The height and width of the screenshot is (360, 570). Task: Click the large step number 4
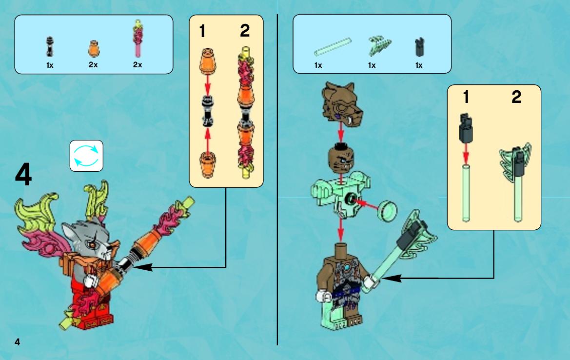pyautogui.click(x=23, y=175)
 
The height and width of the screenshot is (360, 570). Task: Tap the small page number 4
pyautogui.click(x=18, y=342)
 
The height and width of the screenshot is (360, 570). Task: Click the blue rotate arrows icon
pyautogui.click(x=86, y=156)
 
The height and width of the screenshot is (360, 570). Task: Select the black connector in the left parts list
pyautogui.click(x=50, y=46)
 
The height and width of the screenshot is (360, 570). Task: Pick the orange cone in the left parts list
pyautogui.click(x=94, y=49)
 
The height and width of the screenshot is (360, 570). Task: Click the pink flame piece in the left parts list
pyautogui.click(x=138, y=39)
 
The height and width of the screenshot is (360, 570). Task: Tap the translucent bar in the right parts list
pyautogui.click(x=333, y=47)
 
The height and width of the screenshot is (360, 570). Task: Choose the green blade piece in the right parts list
pyautogui.click(x=380, y=45)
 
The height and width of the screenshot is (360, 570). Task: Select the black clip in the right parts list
pyautogui.click(x=419, y=47)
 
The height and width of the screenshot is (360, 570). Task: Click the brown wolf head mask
pyautogui.click(x=342, y=103)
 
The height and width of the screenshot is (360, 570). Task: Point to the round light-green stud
pyautogui.click(x=388, y=211)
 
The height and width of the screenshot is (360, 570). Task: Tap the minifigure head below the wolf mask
pyautogui.click(x=341, y=159)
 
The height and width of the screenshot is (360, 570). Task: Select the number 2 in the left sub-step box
pyautogui.click(x=245, y=31)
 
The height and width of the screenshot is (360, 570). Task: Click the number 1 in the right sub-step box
pyautogui.click(x=466, y=97)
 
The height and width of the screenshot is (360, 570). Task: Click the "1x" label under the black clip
pyautogui.click(x=419, y=65)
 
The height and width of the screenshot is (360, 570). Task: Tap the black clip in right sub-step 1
pyautogui.click(x=466, y=128)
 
